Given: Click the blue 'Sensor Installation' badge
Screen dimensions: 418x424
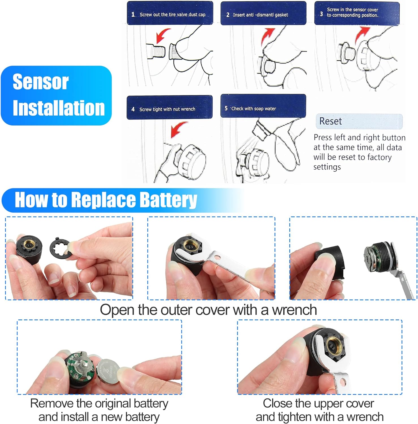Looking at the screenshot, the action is pyautogui.click(x=56, y=96).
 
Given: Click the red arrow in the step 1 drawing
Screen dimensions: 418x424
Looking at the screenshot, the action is pyautogui.click(x=163, y=35).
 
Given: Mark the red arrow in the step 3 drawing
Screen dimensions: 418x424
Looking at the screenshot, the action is pyautogui.click(x=362, y=34).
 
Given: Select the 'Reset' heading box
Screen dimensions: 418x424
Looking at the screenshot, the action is pyautogui.click(x=359, y=121).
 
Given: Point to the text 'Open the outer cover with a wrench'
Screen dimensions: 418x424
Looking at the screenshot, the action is pyautogui.click(x=208, y=310).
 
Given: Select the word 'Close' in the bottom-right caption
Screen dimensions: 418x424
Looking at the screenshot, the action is pyautogui.click(x=278, y=403).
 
